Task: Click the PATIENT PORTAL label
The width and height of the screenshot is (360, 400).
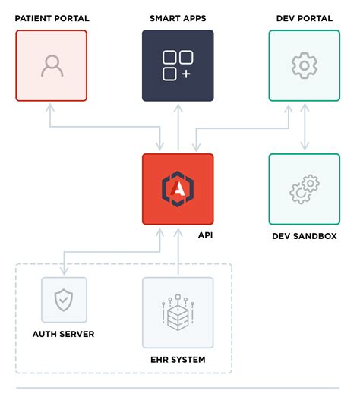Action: tap(51, 18)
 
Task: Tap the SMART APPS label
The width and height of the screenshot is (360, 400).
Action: tap(178, 18)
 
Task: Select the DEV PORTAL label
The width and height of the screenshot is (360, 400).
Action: tap(304, 18)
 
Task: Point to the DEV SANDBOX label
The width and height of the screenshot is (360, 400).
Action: tap(304, 236)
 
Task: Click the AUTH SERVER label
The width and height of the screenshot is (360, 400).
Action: tap(64, 333)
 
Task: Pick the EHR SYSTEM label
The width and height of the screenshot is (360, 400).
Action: tap(178, 359)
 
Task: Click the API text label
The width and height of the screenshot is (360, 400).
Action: tap(205, 236)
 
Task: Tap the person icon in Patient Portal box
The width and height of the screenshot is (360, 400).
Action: tap(51, 66)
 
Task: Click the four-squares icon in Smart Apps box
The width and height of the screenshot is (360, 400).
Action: tap(178, 65)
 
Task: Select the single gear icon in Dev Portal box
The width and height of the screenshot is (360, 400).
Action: tap(304, 66)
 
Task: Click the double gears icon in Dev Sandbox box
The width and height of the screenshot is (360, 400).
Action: tap(304, 190)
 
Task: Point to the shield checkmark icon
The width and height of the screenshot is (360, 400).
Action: tap(64, 301)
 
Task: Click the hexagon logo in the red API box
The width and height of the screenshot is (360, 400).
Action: tap(178, 189)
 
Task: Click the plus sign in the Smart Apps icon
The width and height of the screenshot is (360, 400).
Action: tap(187, 74)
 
